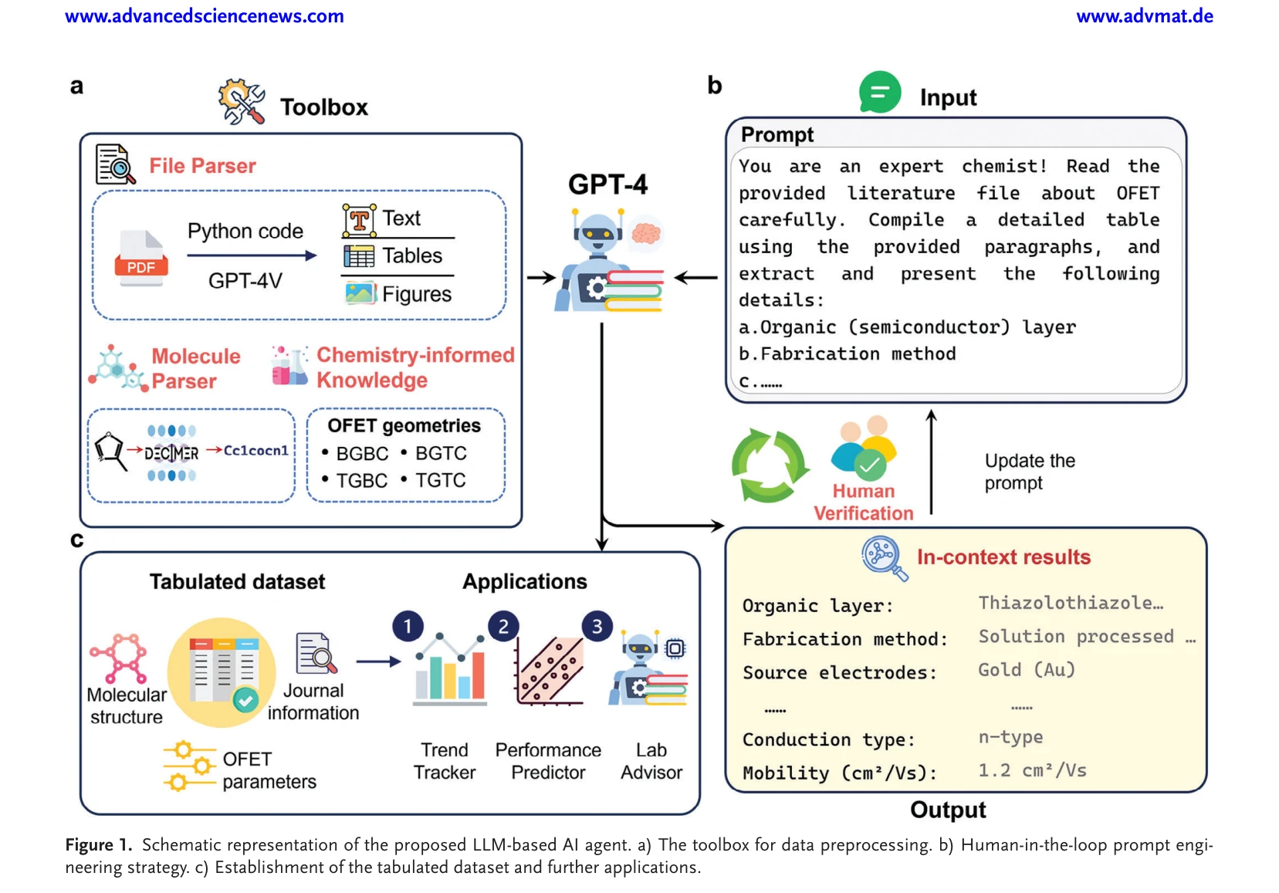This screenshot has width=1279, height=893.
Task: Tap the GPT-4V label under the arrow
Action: [x=245, y=281]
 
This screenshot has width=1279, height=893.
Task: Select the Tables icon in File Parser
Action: [x=359, y=256]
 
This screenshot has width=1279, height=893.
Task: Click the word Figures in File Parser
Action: [x=417, y=294]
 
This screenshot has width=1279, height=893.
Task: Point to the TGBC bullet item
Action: [x=355, y=480]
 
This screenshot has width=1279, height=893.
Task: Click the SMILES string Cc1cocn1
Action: [x=255, y=451]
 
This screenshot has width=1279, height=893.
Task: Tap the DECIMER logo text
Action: [x=171, y=453]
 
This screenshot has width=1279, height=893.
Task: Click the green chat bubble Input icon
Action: [x=879, y=92]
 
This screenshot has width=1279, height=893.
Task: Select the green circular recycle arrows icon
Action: [x=770, y=465]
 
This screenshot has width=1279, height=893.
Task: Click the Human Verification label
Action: [x=863, y=502]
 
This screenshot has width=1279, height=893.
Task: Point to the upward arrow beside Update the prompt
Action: [x=932, y=462]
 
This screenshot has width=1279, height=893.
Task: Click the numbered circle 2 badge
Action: [x=503, y=627]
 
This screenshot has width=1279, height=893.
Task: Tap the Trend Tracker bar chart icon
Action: [x=450, y=668]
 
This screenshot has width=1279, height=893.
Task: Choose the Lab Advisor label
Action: [x=651, y=761]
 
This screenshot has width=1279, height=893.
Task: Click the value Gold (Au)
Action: [x=1027, y=670]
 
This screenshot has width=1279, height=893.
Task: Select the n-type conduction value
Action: [x=1010, y=737]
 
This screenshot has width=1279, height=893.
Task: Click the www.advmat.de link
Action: [x=1144, y=16]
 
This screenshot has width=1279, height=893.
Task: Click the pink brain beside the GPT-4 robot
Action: [x=646, y=233]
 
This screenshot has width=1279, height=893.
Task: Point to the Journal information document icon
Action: [x=316, y=654]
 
